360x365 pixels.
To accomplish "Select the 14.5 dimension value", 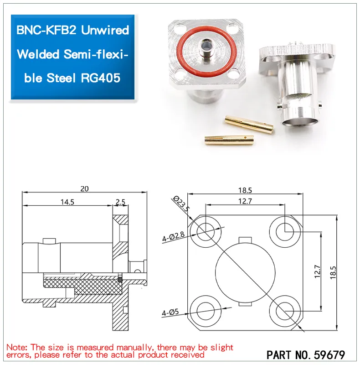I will point(66,202).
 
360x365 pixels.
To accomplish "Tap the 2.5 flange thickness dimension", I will point(120,202).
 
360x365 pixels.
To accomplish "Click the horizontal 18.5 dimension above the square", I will point(244,190).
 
